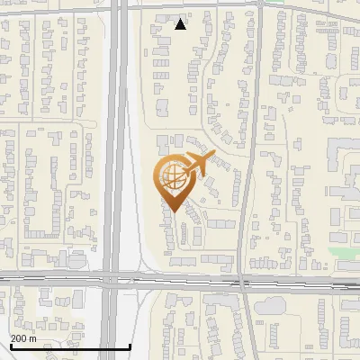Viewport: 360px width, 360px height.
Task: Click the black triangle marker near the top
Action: click(x=181, y=24)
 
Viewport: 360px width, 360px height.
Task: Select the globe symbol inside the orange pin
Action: click(x=170, y=178)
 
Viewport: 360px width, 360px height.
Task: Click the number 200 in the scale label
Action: click(x=20, y=338)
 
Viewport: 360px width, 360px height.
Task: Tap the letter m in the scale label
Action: click(x=33, y=338)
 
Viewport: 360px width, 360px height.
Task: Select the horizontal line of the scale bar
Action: click(x=70, y=346)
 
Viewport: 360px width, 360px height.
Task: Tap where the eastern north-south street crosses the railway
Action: click(x=244, y=283)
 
